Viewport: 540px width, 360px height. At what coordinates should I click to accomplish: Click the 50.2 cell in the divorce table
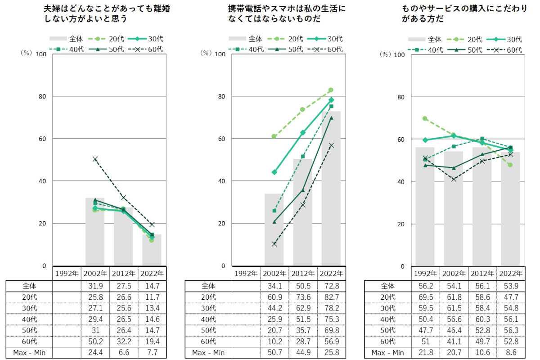click(94, 341)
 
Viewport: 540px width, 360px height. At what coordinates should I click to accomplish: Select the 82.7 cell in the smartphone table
click(331, 297)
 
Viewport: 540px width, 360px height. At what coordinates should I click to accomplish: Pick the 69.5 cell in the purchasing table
click(424, 297)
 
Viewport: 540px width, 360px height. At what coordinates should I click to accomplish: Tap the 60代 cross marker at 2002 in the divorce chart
click(95, 159)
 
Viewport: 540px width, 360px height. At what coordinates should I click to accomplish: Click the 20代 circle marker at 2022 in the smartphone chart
click(331, 90)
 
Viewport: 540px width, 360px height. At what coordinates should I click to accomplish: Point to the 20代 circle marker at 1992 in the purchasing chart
click(425, 119)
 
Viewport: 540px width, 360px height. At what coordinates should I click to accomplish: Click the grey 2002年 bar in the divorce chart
click(95, 232)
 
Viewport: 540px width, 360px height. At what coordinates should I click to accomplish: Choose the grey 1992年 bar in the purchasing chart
click(425, 207)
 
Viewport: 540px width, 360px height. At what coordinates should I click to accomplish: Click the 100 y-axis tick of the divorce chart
click(40, 54)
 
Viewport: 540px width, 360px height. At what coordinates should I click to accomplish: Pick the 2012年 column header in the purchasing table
click(482, 273)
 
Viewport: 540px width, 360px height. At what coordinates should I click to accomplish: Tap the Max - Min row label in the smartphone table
click(208, 352)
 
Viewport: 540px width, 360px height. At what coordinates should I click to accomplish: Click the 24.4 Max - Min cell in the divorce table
click(94, 352)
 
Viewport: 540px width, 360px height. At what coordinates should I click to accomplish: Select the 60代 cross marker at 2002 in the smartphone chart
click(274, 244)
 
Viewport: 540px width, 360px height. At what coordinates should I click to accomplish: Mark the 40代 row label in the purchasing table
click(387, 319)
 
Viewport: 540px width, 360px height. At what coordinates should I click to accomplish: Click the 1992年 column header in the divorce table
click(67, 273)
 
